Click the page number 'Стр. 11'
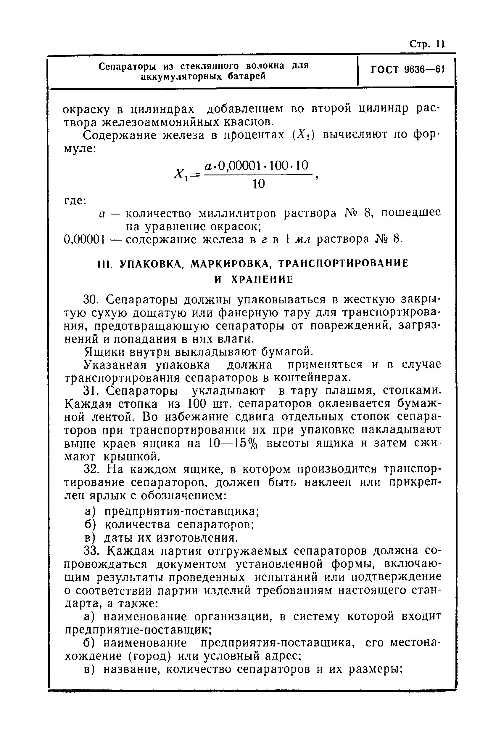coord(427,44)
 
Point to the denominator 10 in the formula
coord(259,184)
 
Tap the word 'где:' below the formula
coord(75,201)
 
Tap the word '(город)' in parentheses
coord(147,656)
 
